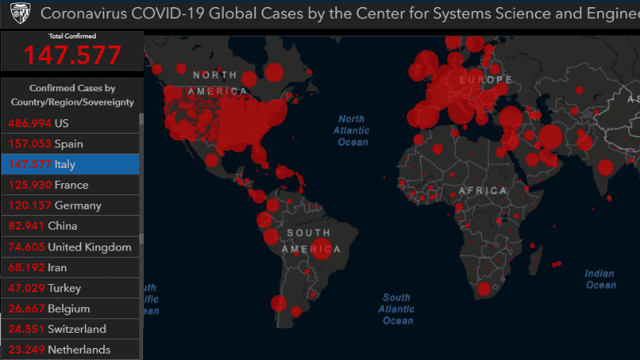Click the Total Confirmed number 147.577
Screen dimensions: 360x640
pos(72,54)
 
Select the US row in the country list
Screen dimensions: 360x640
pos(70,123)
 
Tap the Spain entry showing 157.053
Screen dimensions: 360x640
pos(70,144)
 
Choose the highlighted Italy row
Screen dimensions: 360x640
pos(70,164)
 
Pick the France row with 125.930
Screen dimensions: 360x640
pos(70,185)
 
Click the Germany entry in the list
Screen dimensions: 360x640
pos(70,206)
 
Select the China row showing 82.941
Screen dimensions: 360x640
pos(70,226)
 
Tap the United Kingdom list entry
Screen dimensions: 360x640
pos(70,247)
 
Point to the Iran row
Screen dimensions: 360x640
pos(70,267)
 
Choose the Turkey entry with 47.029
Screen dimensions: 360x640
pos(70,288)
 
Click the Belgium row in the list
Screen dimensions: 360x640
pos(70,309)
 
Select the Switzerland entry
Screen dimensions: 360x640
pos(70,329)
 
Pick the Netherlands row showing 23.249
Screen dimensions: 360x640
pos(70,350)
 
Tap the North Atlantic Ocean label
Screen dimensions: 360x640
pos(352,130)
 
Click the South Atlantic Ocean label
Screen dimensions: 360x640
pos(398,309)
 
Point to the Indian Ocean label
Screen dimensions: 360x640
pos(600,279)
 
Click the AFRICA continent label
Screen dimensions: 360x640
pos(483,190)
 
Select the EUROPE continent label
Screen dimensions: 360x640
pos(486,80)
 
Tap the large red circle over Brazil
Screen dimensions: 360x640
pos(321,249)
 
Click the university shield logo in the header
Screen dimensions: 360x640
pos(22,14)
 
